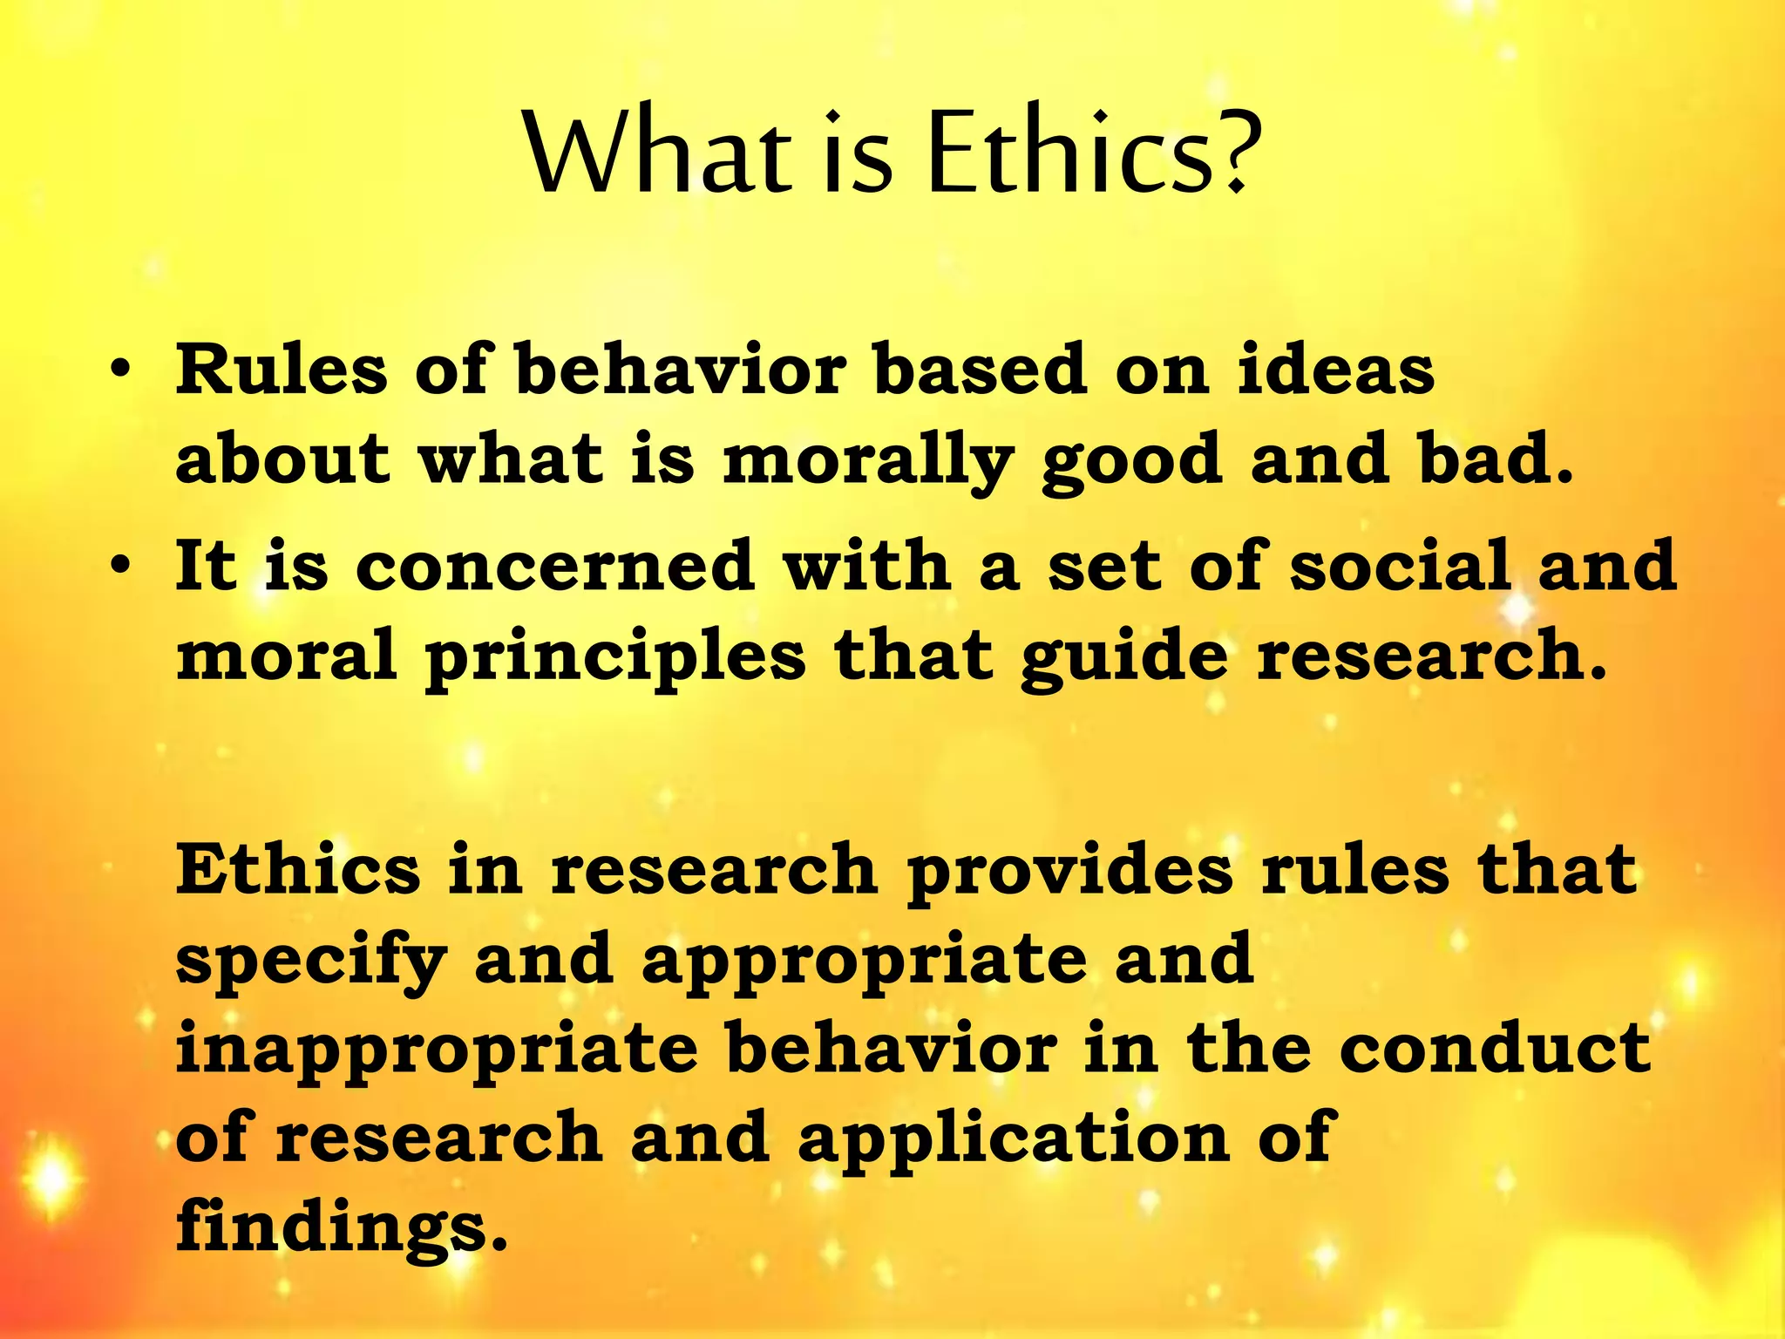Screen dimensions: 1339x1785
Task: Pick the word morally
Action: coord(868,462)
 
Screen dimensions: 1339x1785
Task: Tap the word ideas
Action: coord(1335,370)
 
